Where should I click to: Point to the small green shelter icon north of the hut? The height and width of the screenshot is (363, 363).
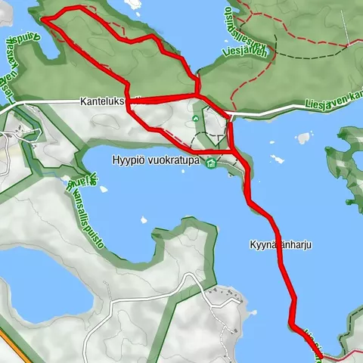[x=196, y=118]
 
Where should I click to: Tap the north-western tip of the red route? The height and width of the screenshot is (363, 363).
[x=42, y=18]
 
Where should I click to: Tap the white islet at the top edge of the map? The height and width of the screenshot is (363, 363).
[x=135, y=4]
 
